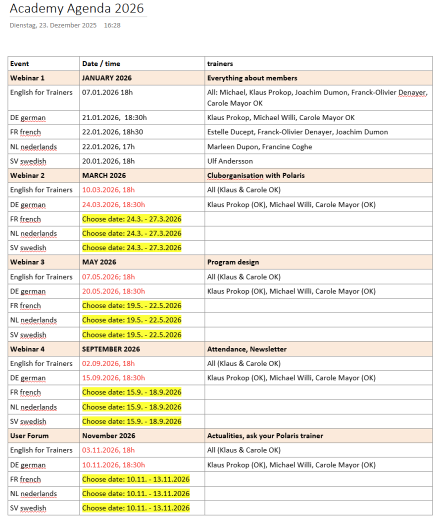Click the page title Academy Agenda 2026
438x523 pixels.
click(77, 8)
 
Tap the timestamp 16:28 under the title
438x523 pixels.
click(112, 25)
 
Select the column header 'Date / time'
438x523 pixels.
click(101, 64)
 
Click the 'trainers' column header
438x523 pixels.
click(220, 64)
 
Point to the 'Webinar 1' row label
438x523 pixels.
click(27, 78)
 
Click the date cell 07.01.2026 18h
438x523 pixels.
click(107, 93)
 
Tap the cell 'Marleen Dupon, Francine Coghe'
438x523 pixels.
click(259, 147)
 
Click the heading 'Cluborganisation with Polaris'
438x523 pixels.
click(256, 176)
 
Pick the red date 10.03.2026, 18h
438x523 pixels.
click(108, 190)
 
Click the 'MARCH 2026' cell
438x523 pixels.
click(104, 176)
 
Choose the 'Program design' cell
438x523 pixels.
click(233, 262)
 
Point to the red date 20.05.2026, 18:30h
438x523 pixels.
click(113, 291)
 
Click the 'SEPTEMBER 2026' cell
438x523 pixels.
click(111, 349)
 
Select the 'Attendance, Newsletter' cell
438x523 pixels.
click(246, 349)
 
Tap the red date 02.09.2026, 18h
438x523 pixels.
click(108, 364)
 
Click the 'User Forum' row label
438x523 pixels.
click(29, 436)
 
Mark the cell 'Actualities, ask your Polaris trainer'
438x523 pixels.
click(265, 436)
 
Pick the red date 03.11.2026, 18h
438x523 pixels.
click(108, 450)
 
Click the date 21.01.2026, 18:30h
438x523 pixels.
click(114, 118)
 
